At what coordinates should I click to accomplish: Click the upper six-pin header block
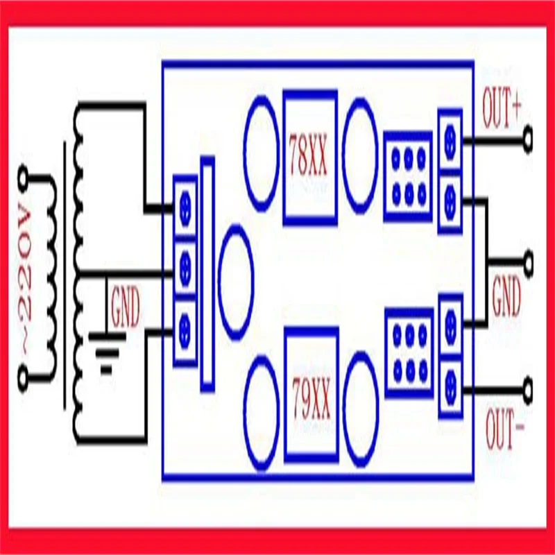tap(408, 175)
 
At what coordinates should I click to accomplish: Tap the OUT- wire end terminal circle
tap(529, 386)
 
